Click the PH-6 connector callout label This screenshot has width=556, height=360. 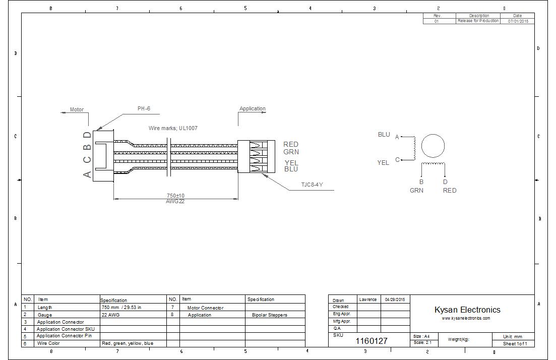click(144, 108)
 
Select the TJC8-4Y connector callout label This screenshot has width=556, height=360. click(312, 185)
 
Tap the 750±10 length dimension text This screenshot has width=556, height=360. click(175, 196)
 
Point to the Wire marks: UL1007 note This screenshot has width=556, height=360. click(173, 128)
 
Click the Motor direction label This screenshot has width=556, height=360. click(77, 109)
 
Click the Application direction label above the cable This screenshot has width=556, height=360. click(252, 108)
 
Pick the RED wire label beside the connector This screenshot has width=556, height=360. click(291, 145)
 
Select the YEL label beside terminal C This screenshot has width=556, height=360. click(383, 162)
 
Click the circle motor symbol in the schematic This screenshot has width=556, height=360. click(433, 146)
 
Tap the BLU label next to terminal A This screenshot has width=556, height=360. click(384, 135)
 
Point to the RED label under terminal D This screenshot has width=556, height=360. click(450, 190)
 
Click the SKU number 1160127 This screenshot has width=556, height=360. click(372, 341)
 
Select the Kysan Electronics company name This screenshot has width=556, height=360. click(467, 310)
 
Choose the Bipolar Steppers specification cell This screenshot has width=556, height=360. click(270, 315)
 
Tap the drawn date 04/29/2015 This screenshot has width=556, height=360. click(395, 299)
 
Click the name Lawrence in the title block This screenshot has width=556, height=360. click(368, 299)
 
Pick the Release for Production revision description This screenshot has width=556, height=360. click(478, 21)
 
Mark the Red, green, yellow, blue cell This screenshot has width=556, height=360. click(128, 343)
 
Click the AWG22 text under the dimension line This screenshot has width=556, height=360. click(175, 201)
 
